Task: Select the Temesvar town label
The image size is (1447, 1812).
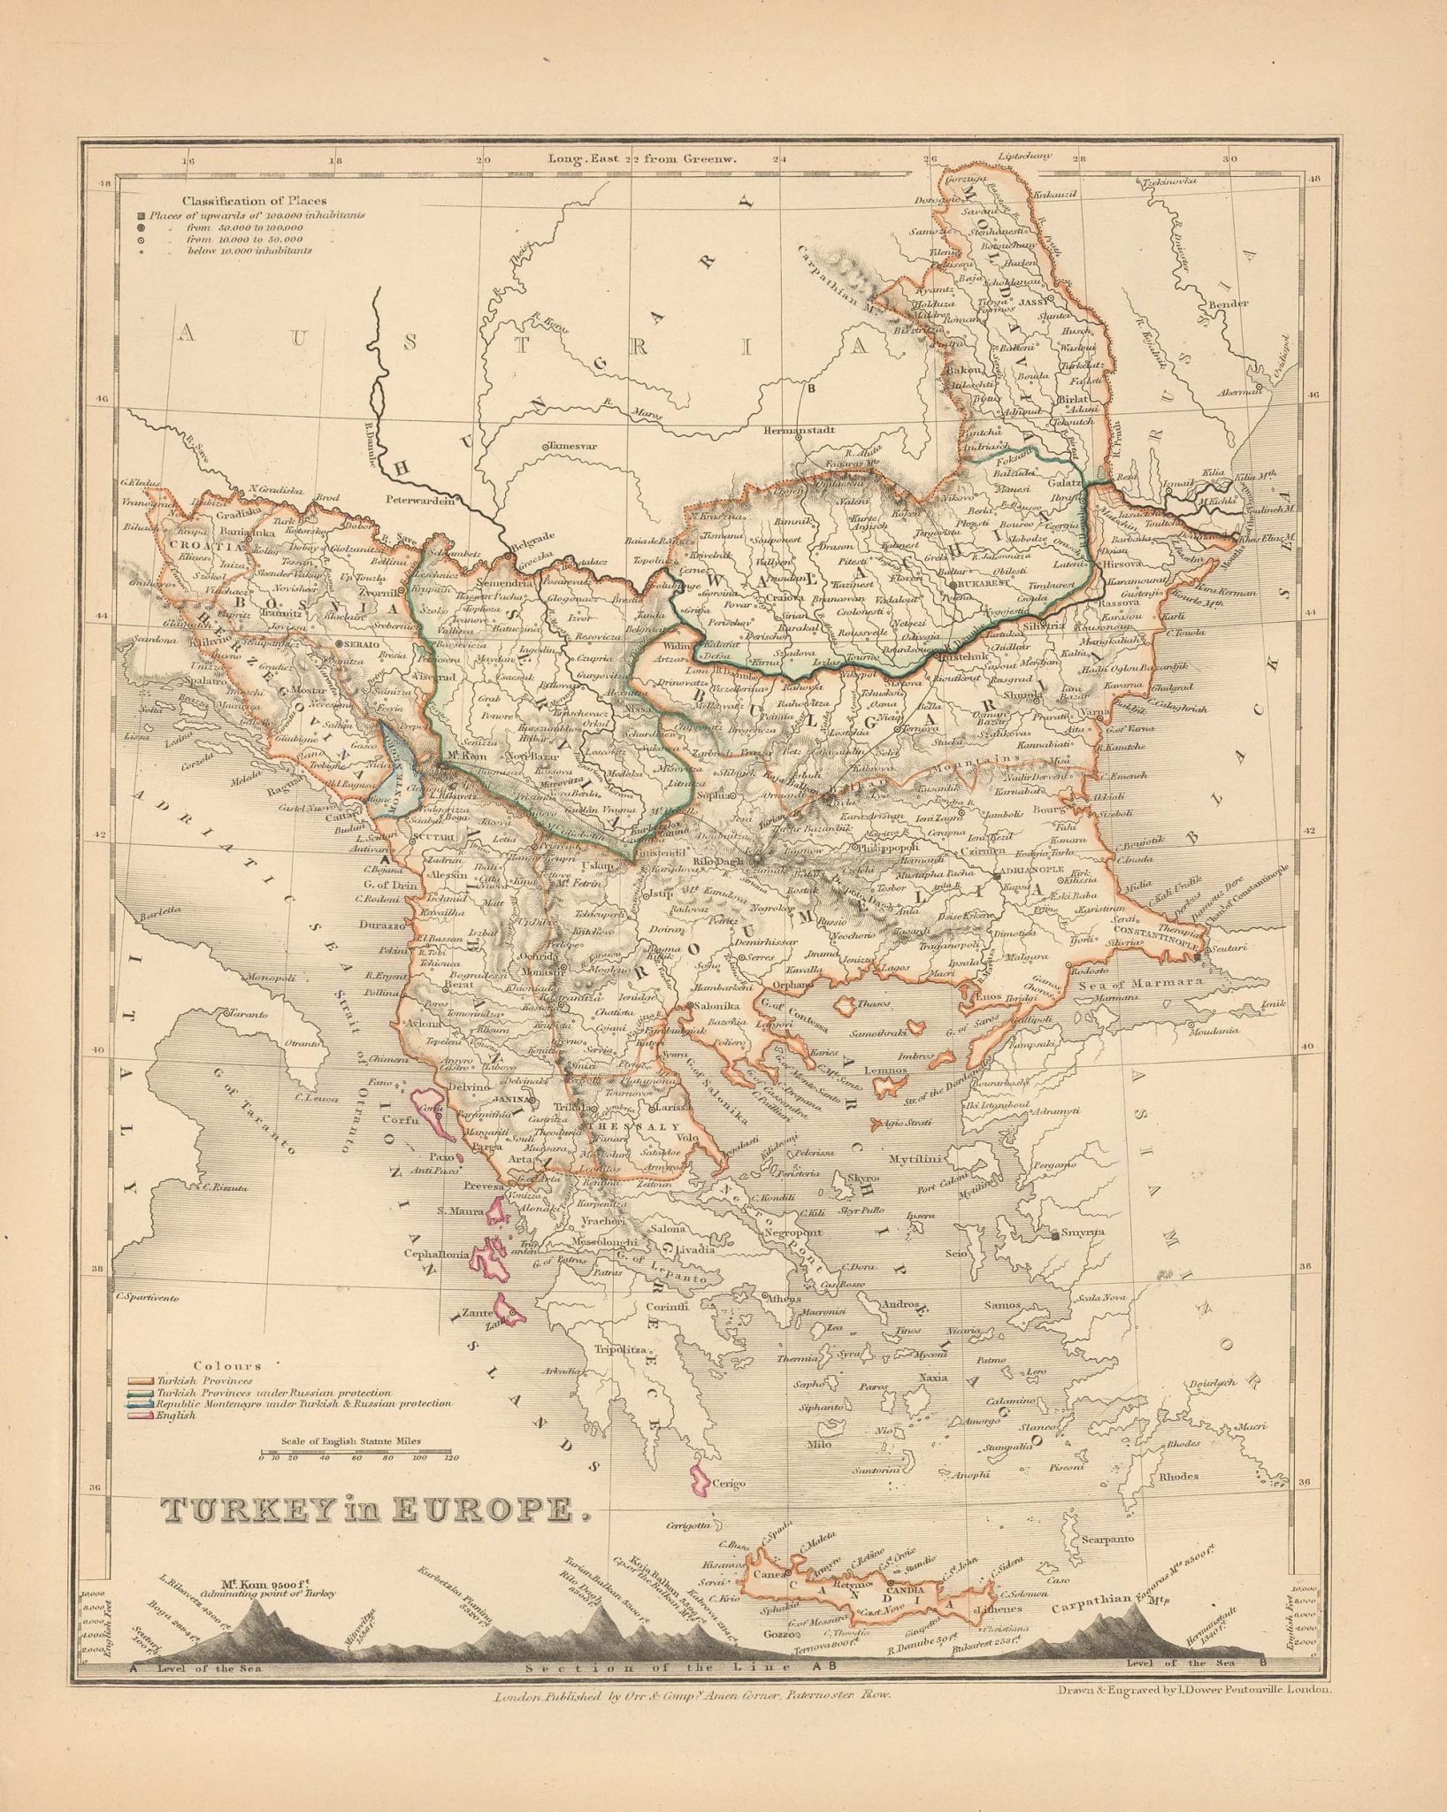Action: point(572,446)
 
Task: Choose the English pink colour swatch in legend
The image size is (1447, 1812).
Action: point(142,1415)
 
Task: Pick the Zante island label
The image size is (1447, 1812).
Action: point(475,1313)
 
